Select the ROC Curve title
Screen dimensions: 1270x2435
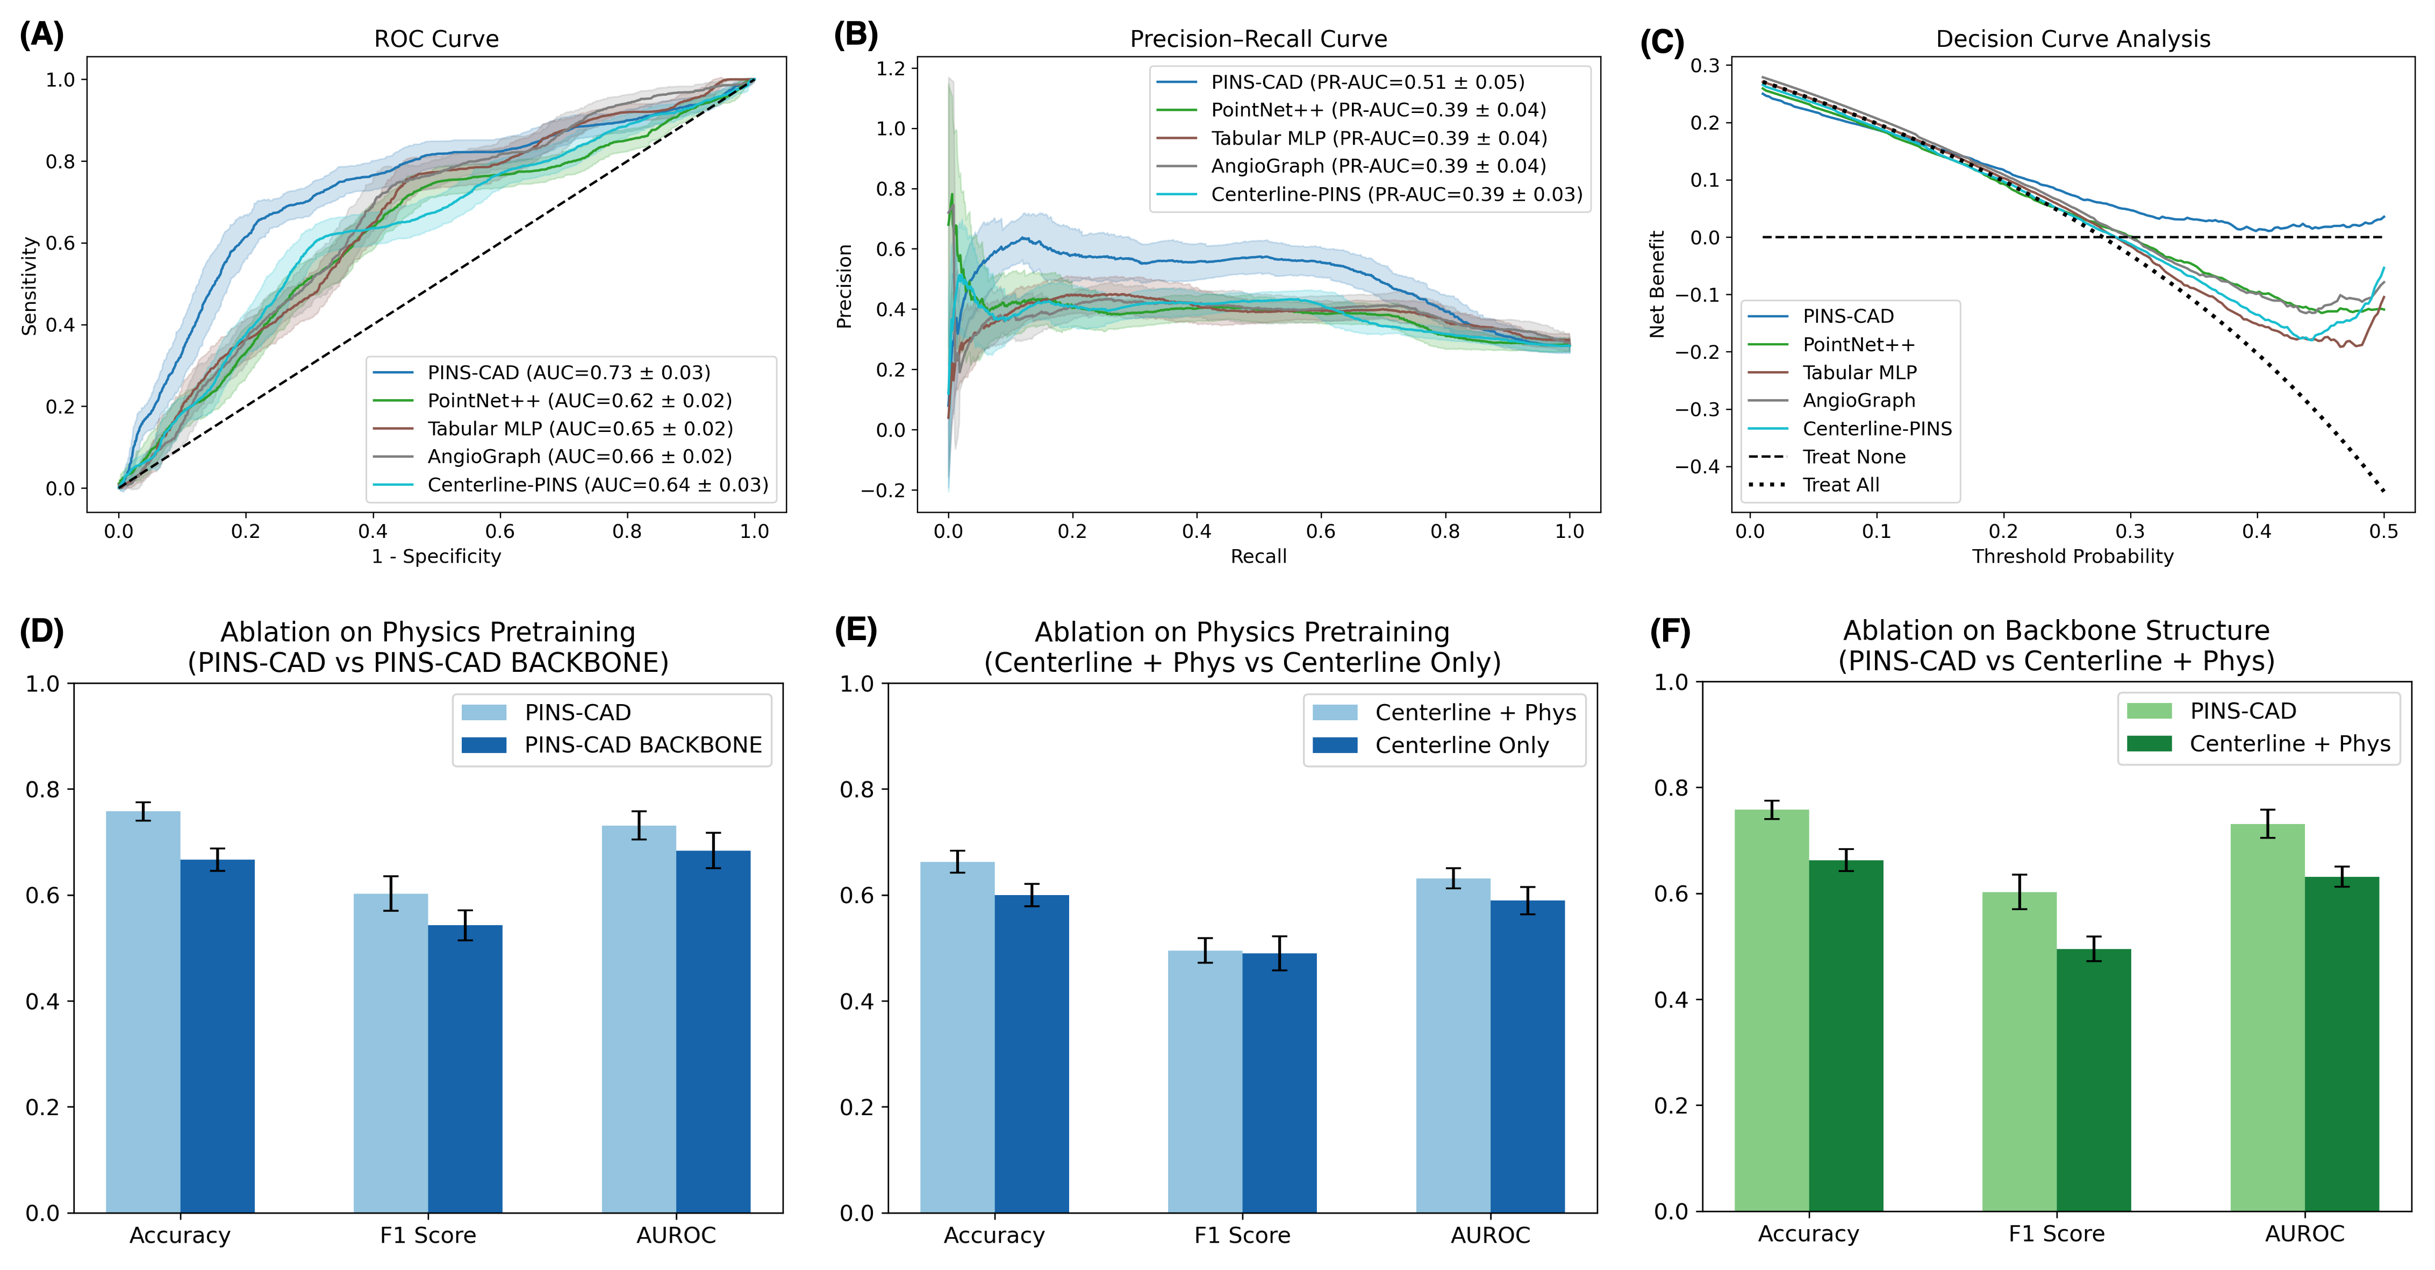(436, 39)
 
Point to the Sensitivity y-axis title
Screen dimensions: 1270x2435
(30, 286)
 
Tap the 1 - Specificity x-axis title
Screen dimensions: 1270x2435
(436, 556)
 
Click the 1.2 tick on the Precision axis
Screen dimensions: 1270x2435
(891, 68)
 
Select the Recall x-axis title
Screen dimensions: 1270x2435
(1258, 556)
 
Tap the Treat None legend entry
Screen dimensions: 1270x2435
(1853, 457)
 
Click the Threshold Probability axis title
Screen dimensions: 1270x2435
(2072, 556)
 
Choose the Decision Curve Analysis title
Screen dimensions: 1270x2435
(2072, 39)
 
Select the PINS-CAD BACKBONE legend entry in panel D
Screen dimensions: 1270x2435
(643, 745)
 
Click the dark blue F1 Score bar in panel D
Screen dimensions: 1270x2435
(465, 1069)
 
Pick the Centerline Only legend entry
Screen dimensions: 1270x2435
(1462, 745)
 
